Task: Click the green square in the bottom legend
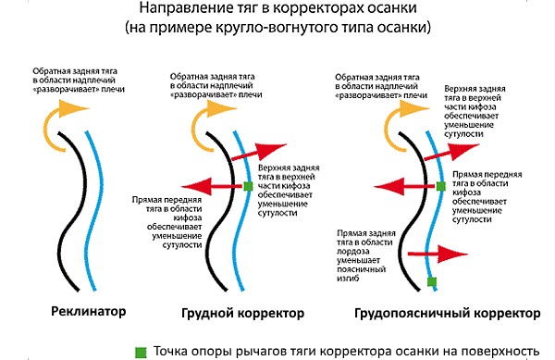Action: tap(142, 351)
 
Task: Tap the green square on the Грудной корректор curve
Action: tap(248, 188)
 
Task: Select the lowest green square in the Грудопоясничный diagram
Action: tap(431, 279)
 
